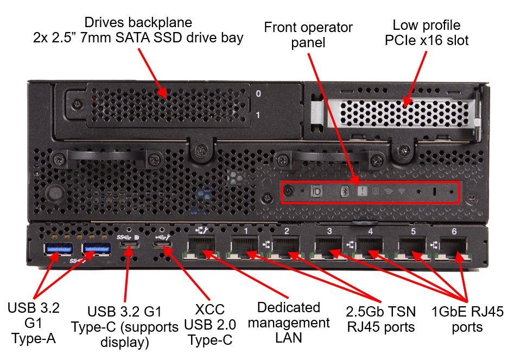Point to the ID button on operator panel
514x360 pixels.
[x=317, y=191]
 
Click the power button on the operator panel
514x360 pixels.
[x=289, y=191]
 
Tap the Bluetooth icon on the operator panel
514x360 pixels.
[x=344, y=191]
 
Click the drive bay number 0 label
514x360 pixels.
[x=258, y=94]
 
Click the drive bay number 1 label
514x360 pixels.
[x=258, y=115]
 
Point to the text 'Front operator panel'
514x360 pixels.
[x=308, y=34]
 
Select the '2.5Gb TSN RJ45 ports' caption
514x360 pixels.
[x=381, y=319]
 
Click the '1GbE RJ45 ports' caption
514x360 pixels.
[x=467, y=319]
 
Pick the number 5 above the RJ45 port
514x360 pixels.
[x=414, y=231]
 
